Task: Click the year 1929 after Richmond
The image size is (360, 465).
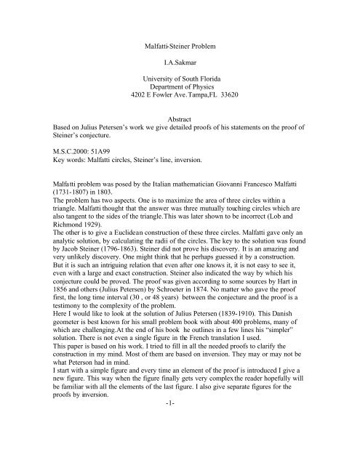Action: (82, 253)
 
